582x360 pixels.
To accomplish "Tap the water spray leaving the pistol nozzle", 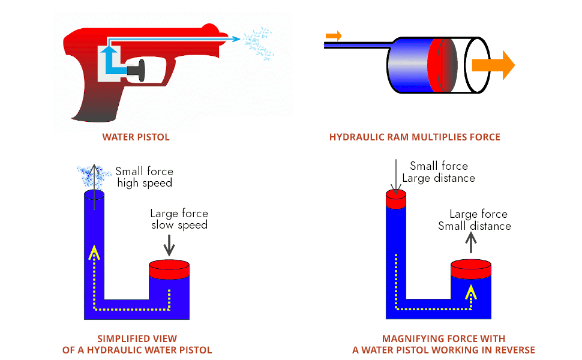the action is point(259,43).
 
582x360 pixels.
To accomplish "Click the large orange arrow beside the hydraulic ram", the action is point(493,65).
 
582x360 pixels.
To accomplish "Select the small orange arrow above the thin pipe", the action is point(334,36).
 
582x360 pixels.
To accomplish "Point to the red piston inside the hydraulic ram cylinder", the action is point(442,65).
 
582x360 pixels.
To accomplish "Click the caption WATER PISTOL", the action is point(136,137).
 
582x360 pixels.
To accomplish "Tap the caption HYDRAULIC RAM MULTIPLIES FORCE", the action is point(415,137).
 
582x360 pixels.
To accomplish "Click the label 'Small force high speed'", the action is point(145,177).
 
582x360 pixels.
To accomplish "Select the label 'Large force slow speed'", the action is point(179,220).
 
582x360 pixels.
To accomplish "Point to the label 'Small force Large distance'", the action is point(439,172).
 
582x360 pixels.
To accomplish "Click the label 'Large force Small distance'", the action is point(475,220).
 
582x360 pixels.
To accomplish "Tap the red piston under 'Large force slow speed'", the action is point(169,269).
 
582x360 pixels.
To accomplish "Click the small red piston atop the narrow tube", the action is point(396,199).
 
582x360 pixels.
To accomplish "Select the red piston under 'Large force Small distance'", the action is point(471,269).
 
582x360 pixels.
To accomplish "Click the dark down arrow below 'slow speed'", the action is point(169,245).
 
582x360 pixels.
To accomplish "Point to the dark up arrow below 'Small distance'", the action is point(471,242).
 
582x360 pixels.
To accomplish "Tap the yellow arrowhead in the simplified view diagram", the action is point(94,253).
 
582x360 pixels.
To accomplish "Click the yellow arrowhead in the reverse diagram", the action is point(471,292).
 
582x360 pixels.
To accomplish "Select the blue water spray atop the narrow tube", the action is point(93,176).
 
